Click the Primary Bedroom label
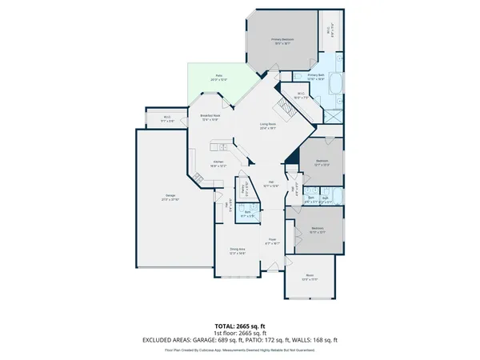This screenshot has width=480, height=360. coord(282,39)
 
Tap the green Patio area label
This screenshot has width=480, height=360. coord(218,78)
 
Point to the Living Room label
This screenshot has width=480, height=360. coord(267,126)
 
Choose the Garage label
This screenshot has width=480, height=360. coord(170,198)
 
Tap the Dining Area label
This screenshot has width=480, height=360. coord(237,250)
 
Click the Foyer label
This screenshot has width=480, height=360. coord(272,241)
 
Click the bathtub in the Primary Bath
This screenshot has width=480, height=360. coord(335,83)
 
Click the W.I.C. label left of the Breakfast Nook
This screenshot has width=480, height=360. coord(167,120)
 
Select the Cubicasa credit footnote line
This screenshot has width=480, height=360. coord(240,349)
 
